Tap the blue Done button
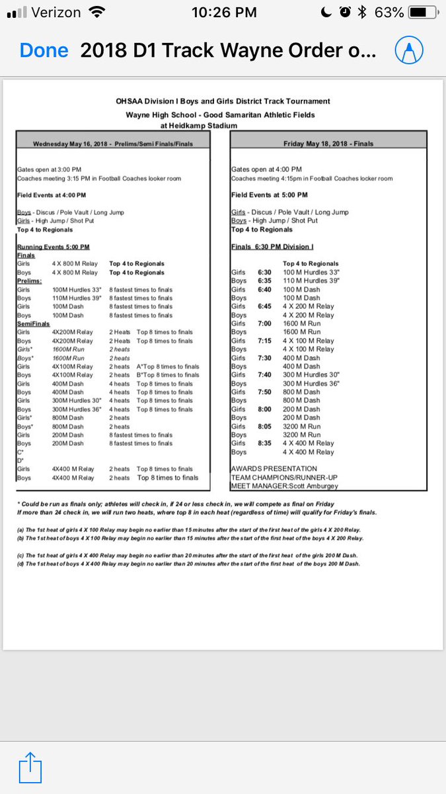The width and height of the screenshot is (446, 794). click(x=44, y=50)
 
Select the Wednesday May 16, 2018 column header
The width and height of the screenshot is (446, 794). click(x=113, y=144)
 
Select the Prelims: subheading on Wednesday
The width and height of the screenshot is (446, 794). click(x=30, y=281)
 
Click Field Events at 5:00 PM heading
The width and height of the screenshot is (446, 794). click(x=269, y=195)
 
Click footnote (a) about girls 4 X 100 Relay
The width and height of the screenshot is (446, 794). click(x=188, y=530)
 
